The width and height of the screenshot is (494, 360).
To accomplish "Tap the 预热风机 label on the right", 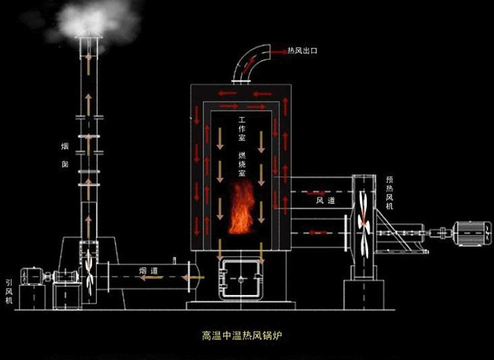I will [x=389, y=192].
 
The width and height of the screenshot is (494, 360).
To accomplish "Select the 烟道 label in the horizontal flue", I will [x=147, y=270].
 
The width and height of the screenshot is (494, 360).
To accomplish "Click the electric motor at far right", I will [x=473, y=233].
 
